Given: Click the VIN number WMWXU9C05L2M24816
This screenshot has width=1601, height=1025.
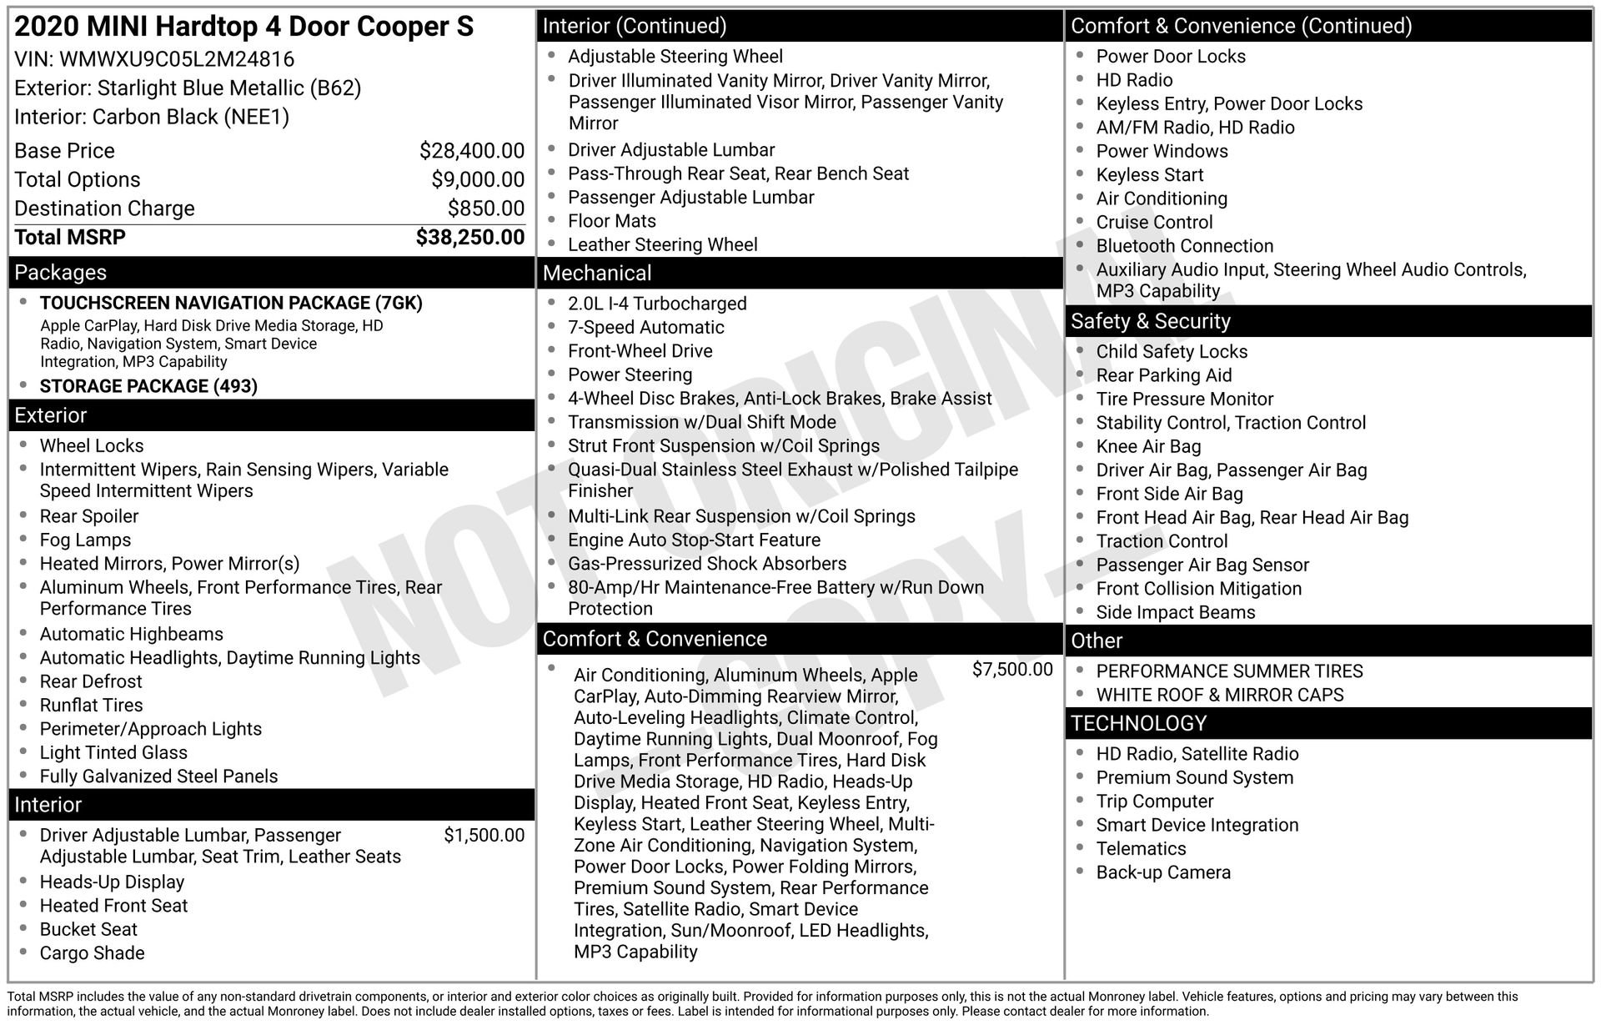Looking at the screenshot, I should click(177, 59).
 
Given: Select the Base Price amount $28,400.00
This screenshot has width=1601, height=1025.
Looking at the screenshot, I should click(471, 151).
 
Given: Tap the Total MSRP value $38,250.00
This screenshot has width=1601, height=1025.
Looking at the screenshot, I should click(469, 238).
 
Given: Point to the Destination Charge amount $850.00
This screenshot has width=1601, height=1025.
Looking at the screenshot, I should click(485, 209).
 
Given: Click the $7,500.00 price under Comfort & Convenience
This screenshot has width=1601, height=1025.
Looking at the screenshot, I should click(1011, 670).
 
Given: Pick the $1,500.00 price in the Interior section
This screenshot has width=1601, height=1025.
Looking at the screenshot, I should click(484, 836).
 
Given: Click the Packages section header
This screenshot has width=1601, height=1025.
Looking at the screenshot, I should click(61, 273).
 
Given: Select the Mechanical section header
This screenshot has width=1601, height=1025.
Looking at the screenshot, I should click(597, 274).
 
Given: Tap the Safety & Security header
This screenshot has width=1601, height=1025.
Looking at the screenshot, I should click(1150, 321).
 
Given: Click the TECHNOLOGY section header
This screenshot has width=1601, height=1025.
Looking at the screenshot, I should click(1138, 723).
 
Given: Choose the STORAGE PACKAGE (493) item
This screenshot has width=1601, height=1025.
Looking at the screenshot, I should click(148, 386).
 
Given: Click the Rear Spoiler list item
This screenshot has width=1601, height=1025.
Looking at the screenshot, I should click(89, 516).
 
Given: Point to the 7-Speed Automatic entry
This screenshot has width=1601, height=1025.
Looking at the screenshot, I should click(645, 328).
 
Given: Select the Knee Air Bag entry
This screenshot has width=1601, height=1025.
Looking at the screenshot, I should click(1148, 446).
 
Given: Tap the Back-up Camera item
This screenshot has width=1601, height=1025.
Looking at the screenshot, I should click(1162, 872).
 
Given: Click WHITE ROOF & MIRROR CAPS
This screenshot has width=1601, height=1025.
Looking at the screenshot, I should click(1219, 695).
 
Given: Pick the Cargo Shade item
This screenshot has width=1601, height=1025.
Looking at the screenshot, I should click(92, 953).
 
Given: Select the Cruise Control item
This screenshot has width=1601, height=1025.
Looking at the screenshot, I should click(1154, 223).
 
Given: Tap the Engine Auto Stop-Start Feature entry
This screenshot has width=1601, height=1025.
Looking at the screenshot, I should click(694, 540).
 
